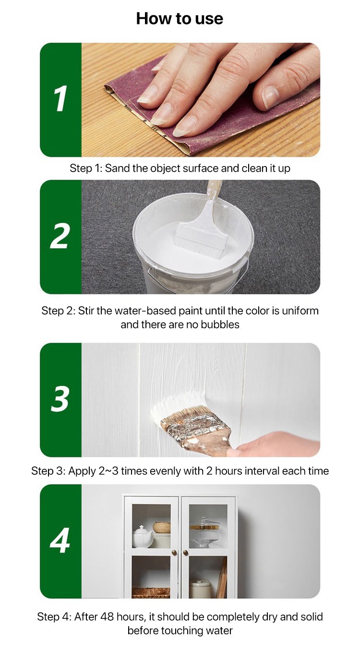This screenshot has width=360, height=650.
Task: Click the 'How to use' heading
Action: [180, 19]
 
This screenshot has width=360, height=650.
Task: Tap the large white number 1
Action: [60, 99]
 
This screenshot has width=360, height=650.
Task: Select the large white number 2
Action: [60, 236]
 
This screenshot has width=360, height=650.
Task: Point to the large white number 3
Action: [60, 399]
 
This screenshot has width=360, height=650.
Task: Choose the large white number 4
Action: [60, 540]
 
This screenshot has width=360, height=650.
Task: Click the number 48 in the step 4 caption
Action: [107, 616]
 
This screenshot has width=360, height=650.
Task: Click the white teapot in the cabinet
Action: [142, 536]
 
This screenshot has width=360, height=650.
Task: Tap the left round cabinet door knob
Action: [174, 553]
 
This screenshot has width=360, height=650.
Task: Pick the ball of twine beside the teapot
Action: [162, 528]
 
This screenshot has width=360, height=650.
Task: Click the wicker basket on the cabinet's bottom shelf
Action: [151, 592]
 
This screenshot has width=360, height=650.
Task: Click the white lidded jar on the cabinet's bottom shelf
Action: [200, 588]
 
